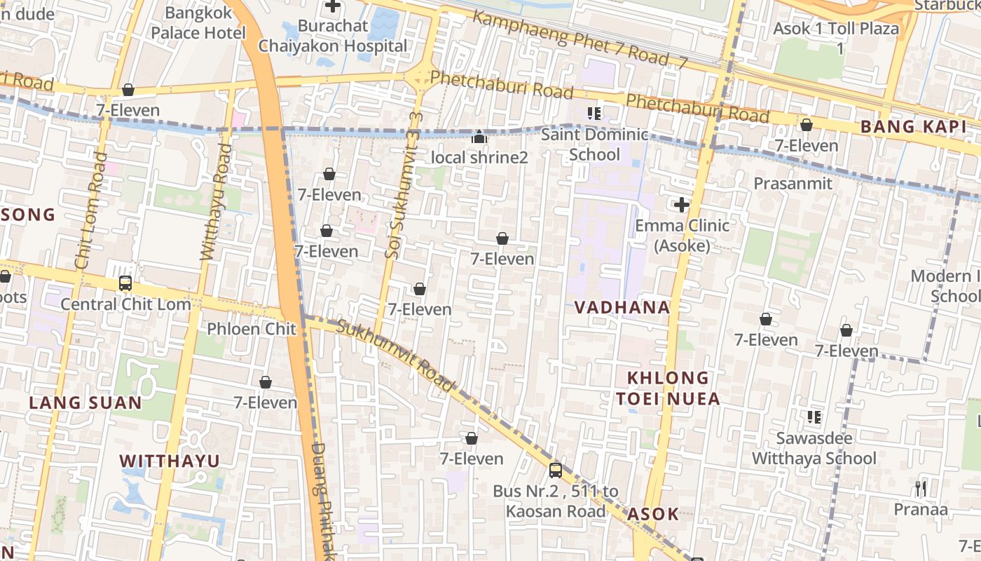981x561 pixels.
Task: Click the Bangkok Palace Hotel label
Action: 198,22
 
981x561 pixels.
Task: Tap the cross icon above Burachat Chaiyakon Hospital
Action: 333,6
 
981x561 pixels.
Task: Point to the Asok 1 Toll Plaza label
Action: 835,38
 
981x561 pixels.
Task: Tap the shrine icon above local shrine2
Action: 479,137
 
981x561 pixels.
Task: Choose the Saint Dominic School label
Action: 594,144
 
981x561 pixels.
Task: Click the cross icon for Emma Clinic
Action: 681,205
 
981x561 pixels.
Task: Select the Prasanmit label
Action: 793,184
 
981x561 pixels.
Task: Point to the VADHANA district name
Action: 622,307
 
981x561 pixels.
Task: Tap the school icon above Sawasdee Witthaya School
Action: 814,418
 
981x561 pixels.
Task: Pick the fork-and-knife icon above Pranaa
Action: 921,489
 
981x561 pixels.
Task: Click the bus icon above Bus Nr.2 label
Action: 556,471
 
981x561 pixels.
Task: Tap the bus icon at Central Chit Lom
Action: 125,283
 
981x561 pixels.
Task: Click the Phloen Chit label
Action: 252,329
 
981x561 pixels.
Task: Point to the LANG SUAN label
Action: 85,403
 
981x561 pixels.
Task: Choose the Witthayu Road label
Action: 215,202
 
